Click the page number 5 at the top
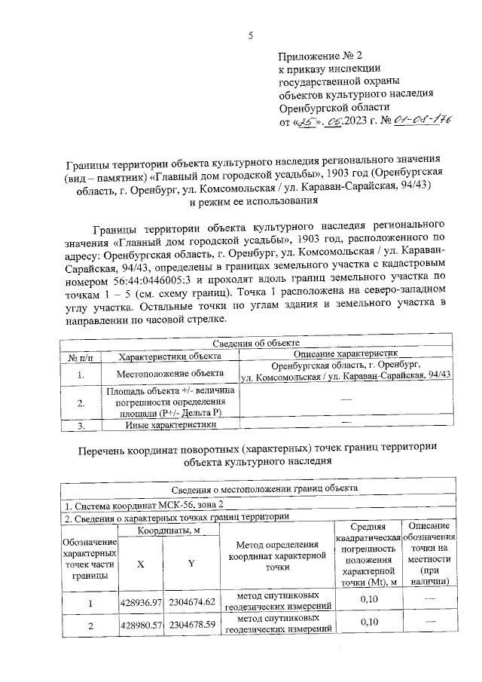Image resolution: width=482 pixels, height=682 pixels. pos(251,35)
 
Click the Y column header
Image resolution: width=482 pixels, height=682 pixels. pos(191,561)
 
